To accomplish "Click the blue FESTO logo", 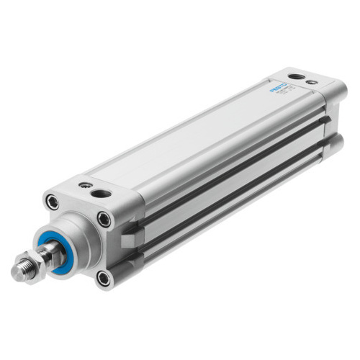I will [x=279, y=89].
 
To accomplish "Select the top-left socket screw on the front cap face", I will [x=52, y=202].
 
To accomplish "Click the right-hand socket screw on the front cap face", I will [x=104, y=220].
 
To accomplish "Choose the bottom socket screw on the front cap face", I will [x=103, y=277].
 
